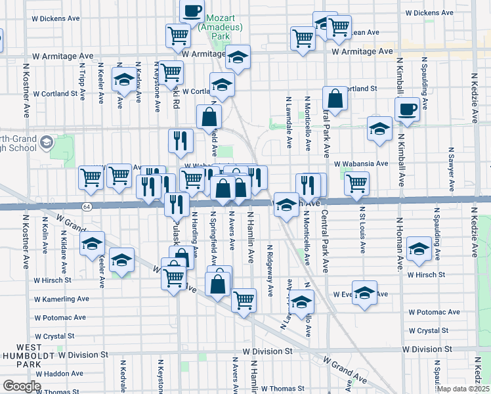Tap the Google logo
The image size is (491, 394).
tap(21, 386)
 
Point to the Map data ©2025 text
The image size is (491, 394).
tap(463, 389)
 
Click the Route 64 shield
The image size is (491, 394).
tap(87, 207)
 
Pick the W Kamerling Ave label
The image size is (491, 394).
tap(62, 299)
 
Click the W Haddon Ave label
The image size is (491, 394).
tap(60, 373)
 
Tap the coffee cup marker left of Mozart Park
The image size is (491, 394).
tap(192, 11)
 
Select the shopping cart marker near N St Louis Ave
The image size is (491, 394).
tap(356, 183)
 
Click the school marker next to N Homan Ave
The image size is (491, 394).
tap(419, 248)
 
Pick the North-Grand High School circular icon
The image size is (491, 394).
tap(47, 142)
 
